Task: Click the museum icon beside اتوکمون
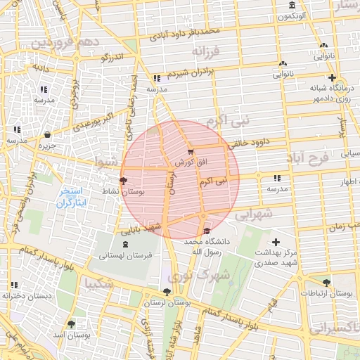(x=292, y=7)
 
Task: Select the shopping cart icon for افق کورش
(x=191, y=151)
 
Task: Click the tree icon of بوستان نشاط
(x=124, y=181)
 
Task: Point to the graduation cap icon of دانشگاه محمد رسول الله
(x=206, y=231)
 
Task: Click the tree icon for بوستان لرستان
(x=166, y=292)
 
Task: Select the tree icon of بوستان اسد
(x=71, y=324)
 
